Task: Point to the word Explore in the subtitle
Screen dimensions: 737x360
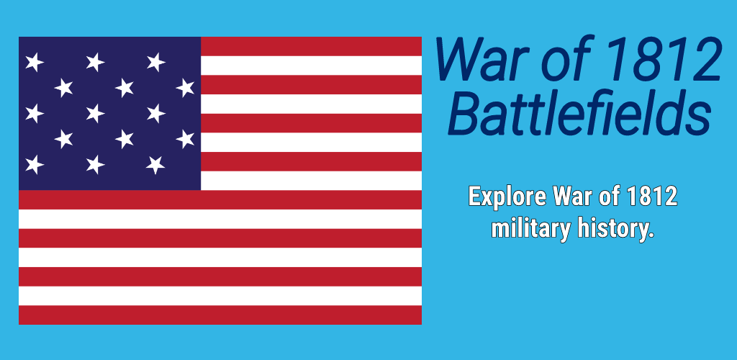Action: [x=507, y=197]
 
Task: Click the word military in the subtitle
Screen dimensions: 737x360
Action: [x=530, y=229]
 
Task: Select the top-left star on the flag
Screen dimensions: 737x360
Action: [x=35, y=62]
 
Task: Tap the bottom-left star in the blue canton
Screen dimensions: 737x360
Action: [x=35, y=164]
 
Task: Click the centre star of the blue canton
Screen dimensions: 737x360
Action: [x=95, y=113]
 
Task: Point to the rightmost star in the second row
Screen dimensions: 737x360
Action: [x=185, y=88]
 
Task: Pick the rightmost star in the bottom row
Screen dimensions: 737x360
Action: [x=155, y=164]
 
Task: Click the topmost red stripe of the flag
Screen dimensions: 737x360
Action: [x=311, y=46]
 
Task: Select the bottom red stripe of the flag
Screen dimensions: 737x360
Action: [x=220, y=315]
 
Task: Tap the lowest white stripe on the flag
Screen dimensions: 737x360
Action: [x=220, y=296]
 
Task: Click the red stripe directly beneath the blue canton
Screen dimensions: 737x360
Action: [x=220, y=199]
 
